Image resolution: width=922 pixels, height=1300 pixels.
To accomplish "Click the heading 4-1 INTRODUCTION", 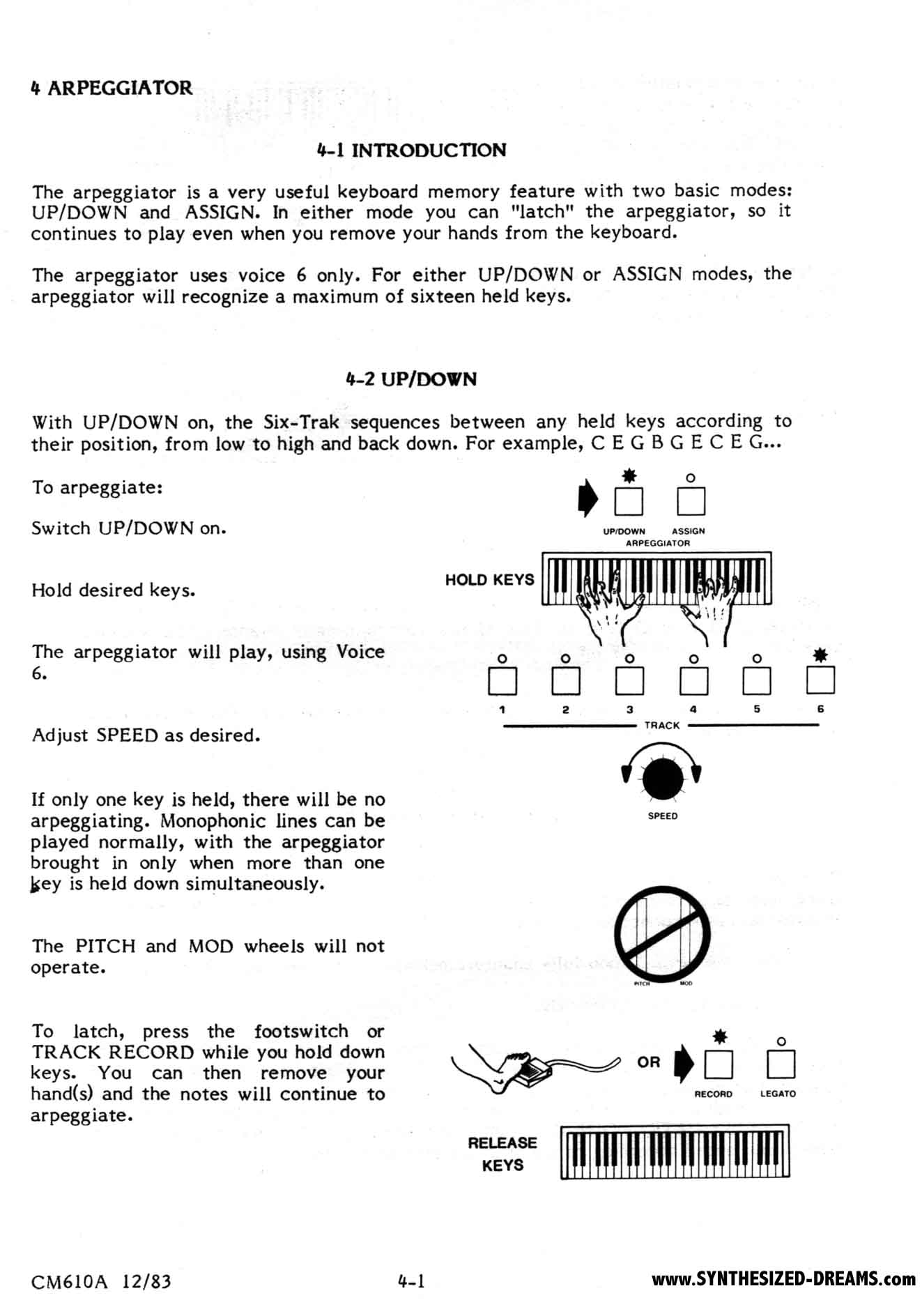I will tap(411, 150).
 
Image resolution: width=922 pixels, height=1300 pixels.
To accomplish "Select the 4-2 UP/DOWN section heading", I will tap(411, 379).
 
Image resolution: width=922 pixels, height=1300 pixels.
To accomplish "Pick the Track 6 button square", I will tap(820, 681).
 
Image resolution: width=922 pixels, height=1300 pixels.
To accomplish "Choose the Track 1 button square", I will tap(502, 681).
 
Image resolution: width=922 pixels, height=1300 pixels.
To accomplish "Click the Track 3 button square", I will tap(629, 681).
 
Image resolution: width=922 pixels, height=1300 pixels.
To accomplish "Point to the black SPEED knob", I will tap(661, 779).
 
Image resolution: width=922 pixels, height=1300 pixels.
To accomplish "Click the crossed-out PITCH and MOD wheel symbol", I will tap(662, 933).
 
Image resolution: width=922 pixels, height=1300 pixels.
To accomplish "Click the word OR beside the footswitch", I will tap(648, 1062).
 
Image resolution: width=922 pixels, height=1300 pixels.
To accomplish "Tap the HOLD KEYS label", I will tap(489, 579).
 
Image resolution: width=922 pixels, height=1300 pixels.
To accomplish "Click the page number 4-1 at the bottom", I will tap(411, 1280).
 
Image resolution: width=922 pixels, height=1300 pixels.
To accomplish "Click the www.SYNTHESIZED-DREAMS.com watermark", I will tap(783, 1278).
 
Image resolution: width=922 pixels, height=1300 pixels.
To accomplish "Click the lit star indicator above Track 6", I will tap(820, 655).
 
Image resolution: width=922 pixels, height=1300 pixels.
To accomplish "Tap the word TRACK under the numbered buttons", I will tap(661, 725).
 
